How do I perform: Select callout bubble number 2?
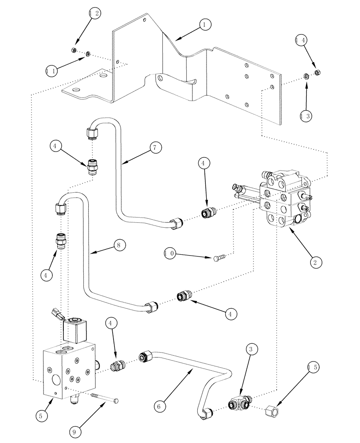click(x=314, y=262)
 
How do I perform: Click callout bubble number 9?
click(x=75, y=429)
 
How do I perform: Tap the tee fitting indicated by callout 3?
click(x=239, y=403)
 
